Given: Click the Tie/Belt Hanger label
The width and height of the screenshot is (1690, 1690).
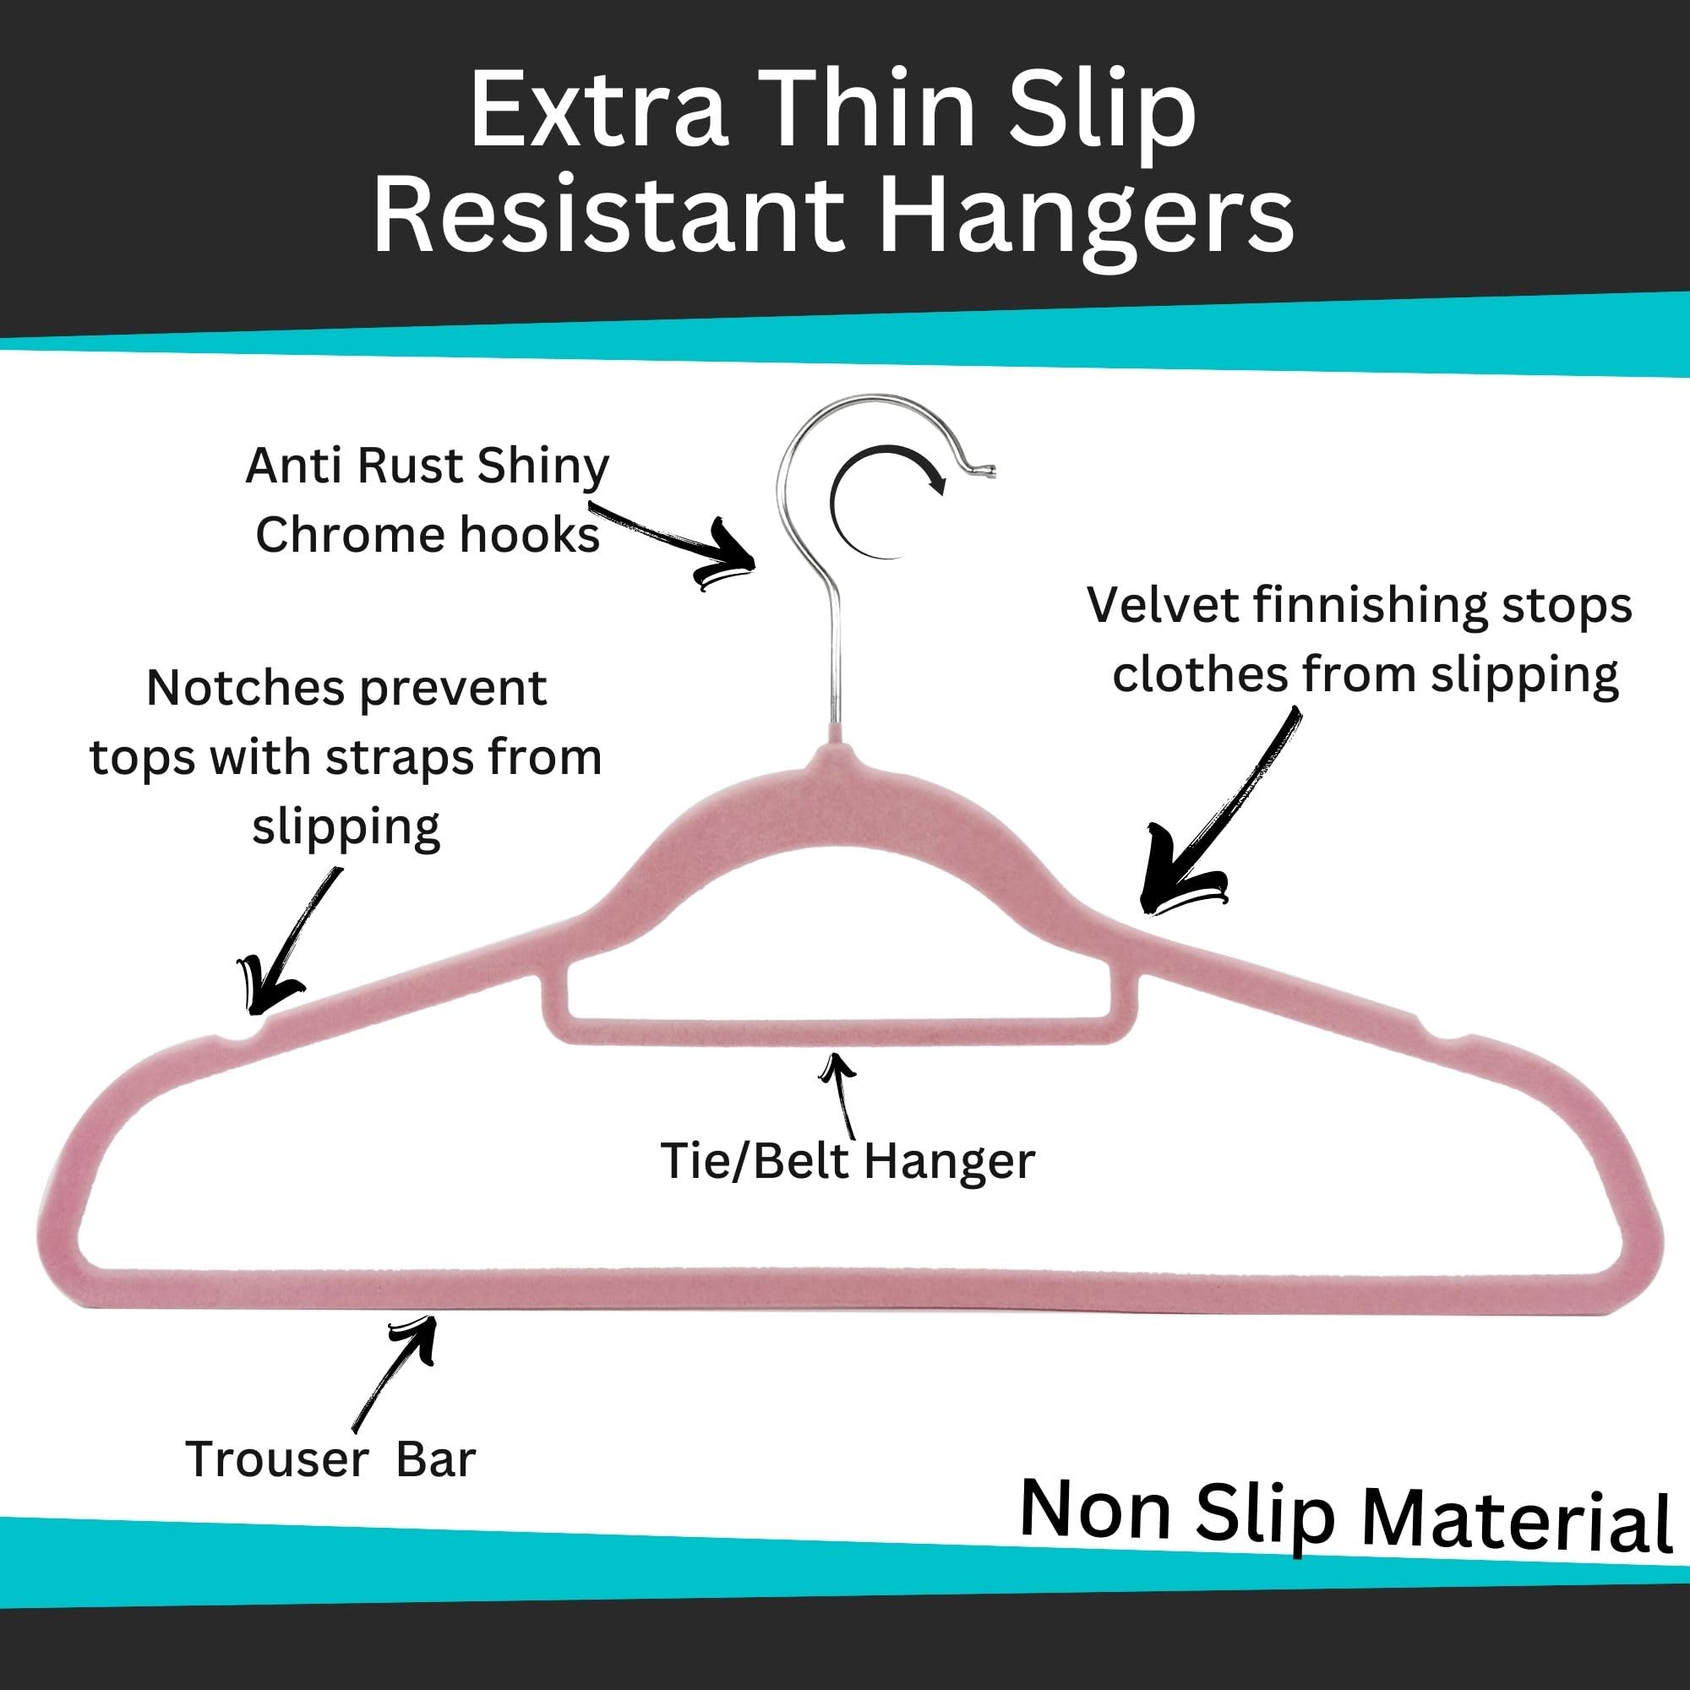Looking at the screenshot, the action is pos(848,1162).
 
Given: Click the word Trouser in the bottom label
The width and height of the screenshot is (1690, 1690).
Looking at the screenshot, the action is pos(277,1459).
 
